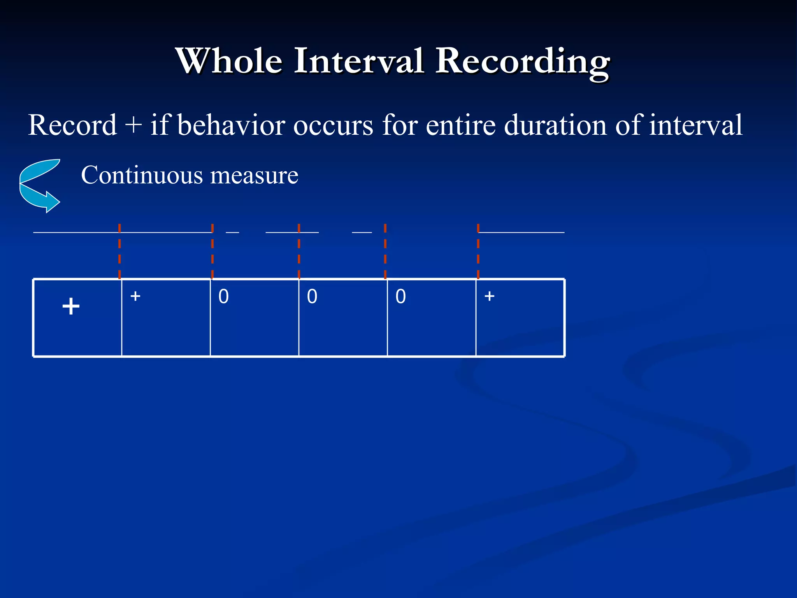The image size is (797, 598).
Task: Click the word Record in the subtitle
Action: click(x=72, y=125)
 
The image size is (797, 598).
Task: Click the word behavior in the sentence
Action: click(x=231, y=125)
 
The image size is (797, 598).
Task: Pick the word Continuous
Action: click(x=142, y=175)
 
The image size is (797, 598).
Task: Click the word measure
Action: click(x=254, y=176)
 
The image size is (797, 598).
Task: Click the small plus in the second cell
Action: click(x=135, y=296)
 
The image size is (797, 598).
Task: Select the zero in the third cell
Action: click(x=223, y=297)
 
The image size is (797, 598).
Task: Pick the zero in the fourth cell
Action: click(x=312, y=297)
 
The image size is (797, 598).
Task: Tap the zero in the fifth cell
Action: click(x=400, y=297)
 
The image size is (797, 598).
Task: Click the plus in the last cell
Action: click(x=489, y=296)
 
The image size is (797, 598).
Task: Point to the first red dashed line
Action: click(x=119, y=251)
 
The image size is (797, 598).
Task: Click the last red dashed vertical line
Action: click(x=478, y=251)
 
